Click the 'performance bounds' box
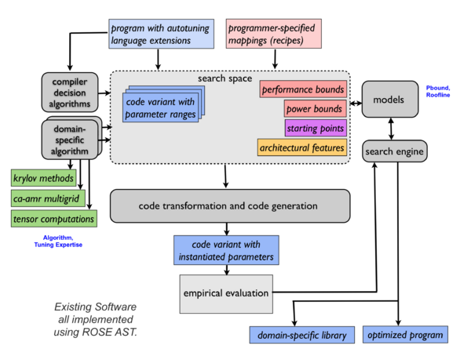302,90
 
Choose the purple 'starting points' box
314,128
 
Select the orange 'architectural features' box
302,147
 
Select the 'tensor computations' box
53,218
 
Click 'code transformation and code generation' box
228,205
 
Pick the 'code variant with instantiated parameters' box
227,249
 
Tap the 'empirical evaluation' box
226,293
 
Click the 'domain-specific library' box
302,335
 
